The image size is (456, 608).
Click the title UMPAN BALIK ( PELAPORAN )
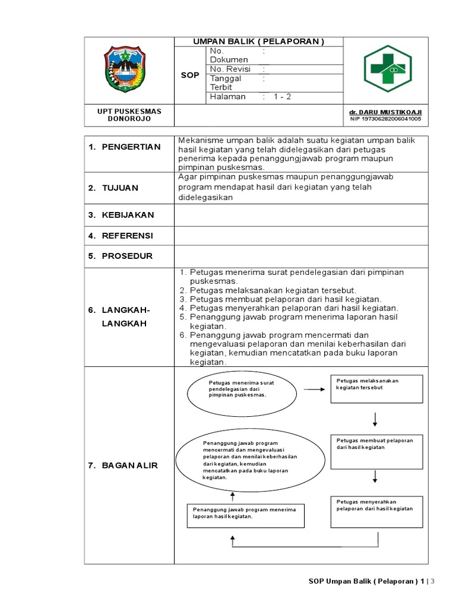258,42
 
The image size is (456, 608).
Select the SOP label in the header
189,76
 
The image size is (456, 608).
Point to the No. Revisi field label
230,69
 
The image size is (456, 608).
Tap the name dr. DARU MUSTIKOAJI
385,112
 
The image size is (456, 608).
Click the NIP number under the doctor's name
385,119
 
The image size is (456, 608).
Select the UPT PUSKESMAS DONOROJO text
129,115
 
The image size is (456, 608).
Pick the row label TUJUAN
121,188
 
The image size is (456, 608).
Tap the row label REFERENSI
126,236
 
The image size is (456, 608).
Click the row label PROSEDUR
126,256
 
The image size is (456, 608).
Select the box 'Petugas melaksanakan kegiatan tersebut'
376,389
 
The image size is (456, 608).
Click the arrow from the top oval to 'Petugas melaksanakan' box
313,389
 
